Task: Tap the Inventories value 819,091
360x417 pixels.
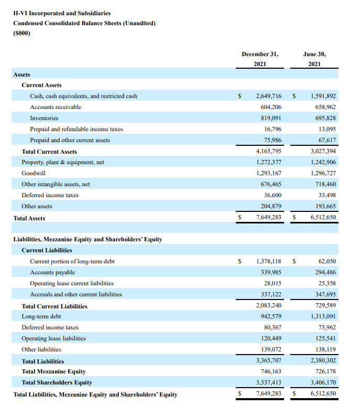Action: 271,118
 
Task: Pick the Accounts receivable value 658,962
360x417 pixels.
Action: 323,107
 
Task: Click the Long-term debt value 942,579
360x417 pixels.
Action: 271,316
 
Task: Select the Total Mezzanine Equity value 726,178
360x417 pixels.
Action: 323,371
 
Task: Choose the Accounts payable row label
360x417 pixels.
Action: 52,272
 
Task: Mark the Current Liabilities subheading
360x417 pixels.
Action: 47,250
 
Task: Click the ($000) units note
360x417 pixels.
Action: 22,34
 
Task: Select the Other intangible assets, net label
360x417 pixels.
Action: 56,184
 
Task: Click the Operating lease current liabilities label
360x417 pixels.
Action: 72,283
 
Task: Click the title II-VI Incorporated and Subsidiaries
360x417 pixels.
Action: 62,13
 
